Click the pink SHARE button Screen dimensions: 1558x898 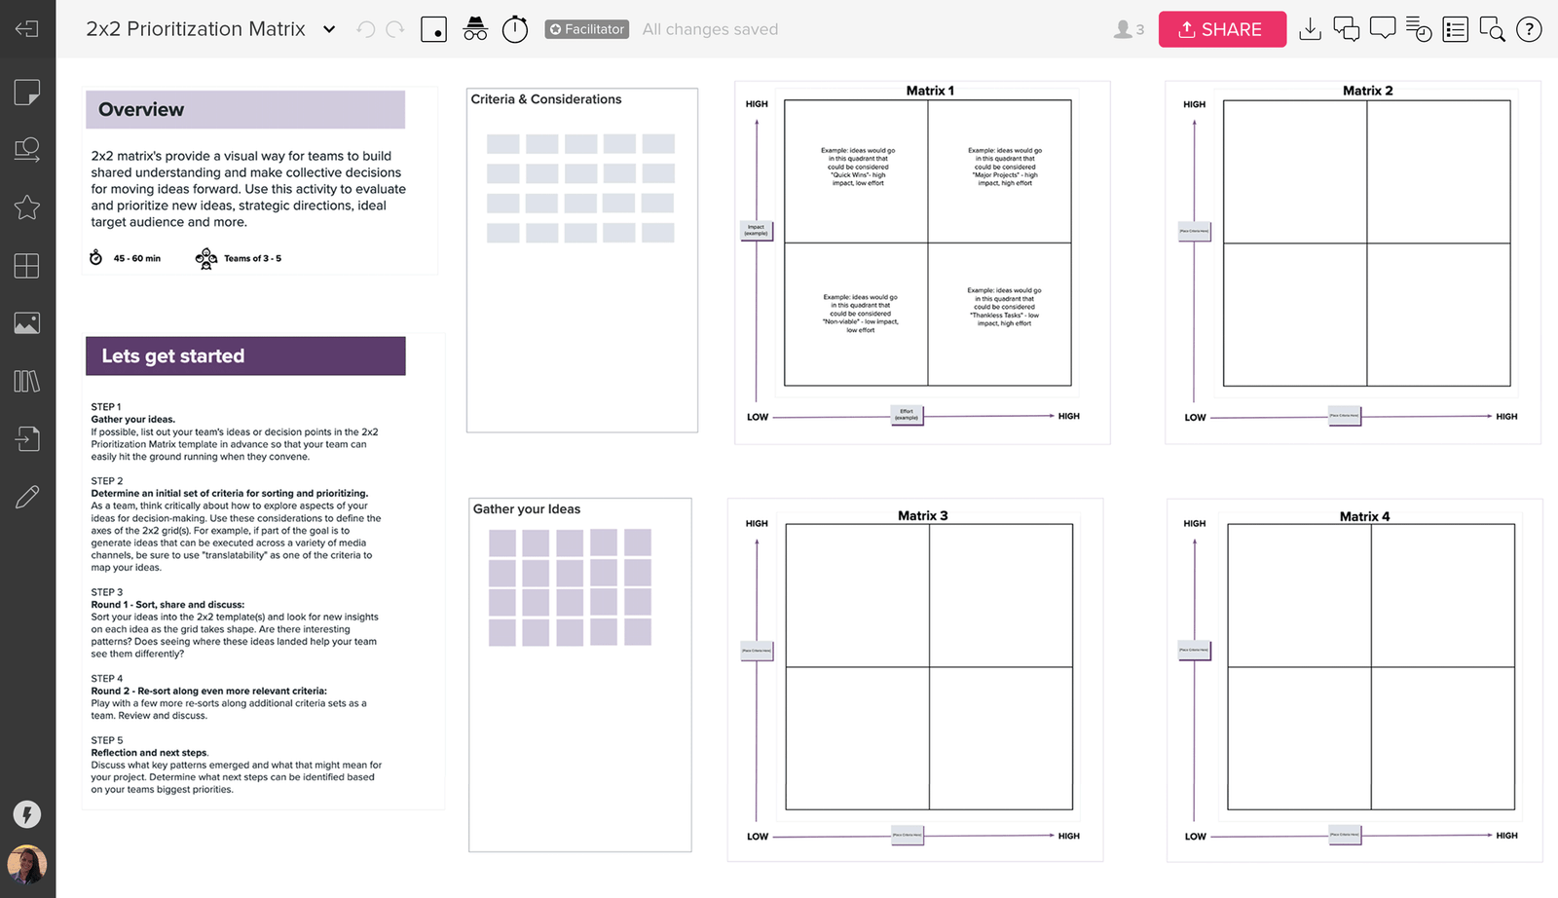1221,29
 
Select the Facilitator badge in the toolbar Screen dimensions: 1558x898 586,29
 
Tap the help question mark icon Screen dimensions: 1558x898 1529,30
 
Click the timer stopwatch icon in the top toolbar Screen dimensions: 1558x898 515,29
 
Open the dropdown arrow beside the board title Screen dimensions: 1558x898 329,29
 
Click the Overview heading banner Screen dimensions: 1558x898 244,110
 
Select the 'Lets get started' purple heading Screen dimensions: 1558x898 244,356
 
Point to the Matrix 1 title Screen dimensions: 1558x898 930,91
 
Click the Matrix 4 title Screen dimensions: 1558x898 1364,516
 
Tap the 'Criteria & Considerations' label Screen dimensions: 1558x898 546,99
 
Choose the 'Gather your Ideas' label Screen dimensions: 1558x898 527,509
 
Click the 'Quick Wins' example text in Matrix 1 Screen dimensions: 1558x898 858,167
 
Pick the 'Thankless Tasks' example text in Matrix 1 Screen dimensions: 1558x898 1004,307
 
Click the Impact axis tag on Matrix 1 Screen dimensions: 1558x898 757,231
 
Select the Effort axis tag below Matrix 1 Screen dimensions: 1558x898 907,415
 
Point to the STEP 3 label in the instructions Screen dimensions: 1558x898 107,592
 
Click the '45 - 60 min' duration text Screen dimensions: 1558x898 136,259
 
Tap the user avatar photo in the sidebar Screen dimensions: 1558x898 27,864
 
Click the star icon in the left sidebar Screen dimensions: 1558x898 27,207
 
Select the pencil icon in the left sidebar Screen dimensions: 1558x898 27,497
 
